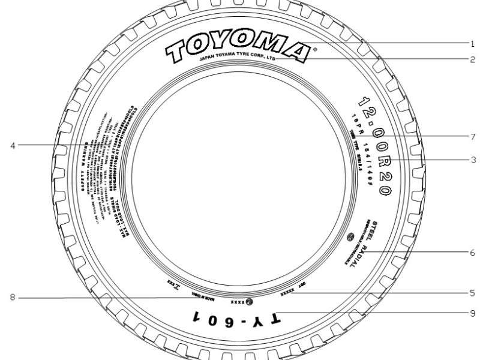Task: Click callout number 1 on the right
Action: click(x=472, y=44)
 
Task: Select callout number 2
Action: click(x=472, y=59)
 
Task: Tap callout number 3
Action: click(x=472, y=160)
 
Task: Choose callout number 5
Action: click(x=472, y=293)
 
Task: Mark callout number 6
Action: click(x=472, y=253)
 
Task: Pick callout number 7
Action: click(x=472, y=136)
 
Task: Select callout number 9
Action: click(x=472, y=313)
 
